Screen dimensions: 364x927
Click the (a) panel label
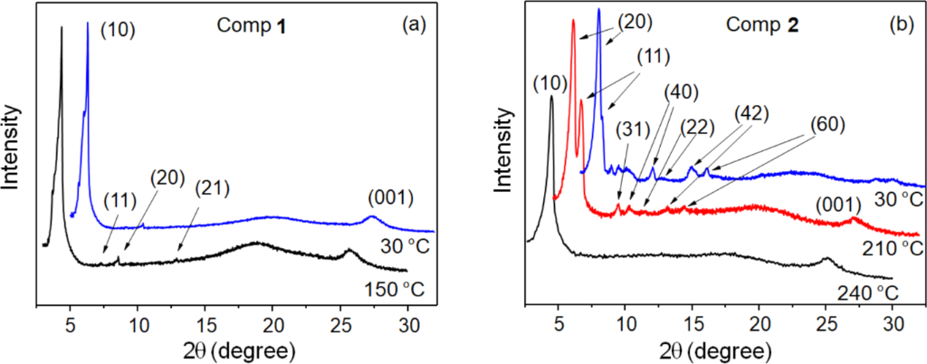(x=414, y=26)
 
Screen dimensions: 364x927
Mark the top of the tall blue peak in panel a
(x=87, y=24)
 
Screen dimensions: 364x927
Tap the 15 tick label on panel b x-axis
(x=693, y=322)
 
